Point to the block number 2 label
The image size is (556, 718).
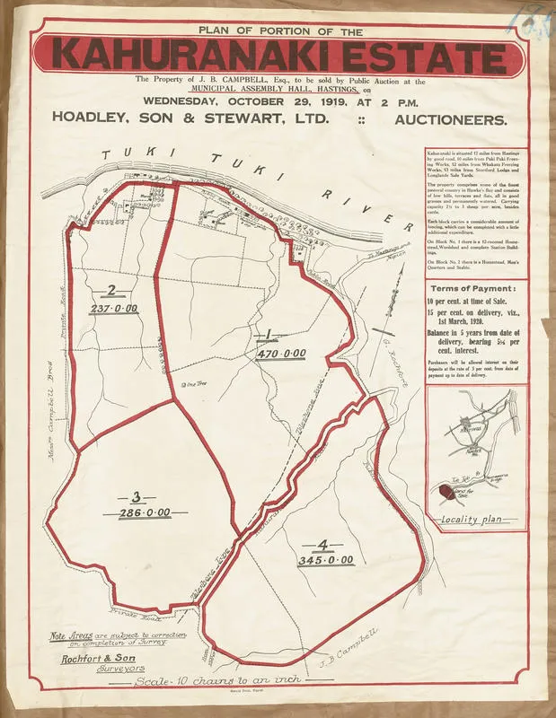coord(111,289)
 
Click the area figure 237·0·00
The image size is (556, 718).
coord(112,308)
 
